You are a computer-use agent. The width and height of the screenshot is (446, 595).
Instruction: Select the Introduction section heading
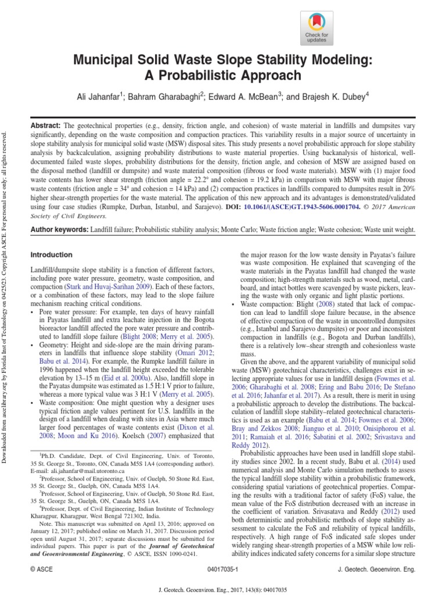click(x=51, y=255)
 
